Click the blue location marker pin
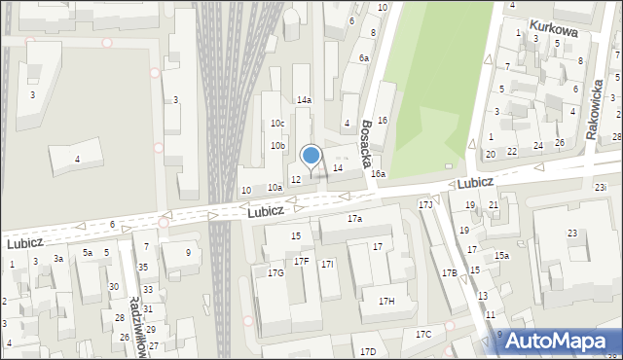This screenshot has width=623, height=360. point(311,157)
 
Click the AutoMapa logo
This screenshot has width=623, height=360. point(557,342)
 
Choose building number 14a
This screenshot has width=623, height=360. point(304,100)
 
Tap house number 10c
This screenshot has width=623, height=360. point(277,124)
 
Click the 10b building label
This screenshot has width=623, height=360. point(277,146)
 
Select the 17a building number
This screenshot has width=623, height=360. point(355,219)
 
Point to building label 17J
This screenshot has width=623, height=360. point(425,205)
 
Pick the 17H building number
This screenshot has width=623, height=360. point(386,302)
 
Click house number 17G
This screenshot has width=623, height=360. point(275,273)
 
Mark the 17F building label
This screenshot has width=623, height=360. point(302,262)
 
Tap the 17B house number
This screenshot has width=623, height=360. point(449,273)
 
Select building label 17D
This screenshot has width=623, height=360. point(367,351)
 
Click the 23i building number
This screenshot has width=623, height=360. point(601,187)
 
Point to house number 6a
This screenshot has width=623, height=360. point(363,58)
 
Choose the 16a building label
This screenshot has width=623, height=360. point(378,174)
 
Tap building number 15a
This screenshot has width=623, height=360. point(500,256)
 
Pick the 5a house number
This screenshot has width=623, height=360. point(87,253)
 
